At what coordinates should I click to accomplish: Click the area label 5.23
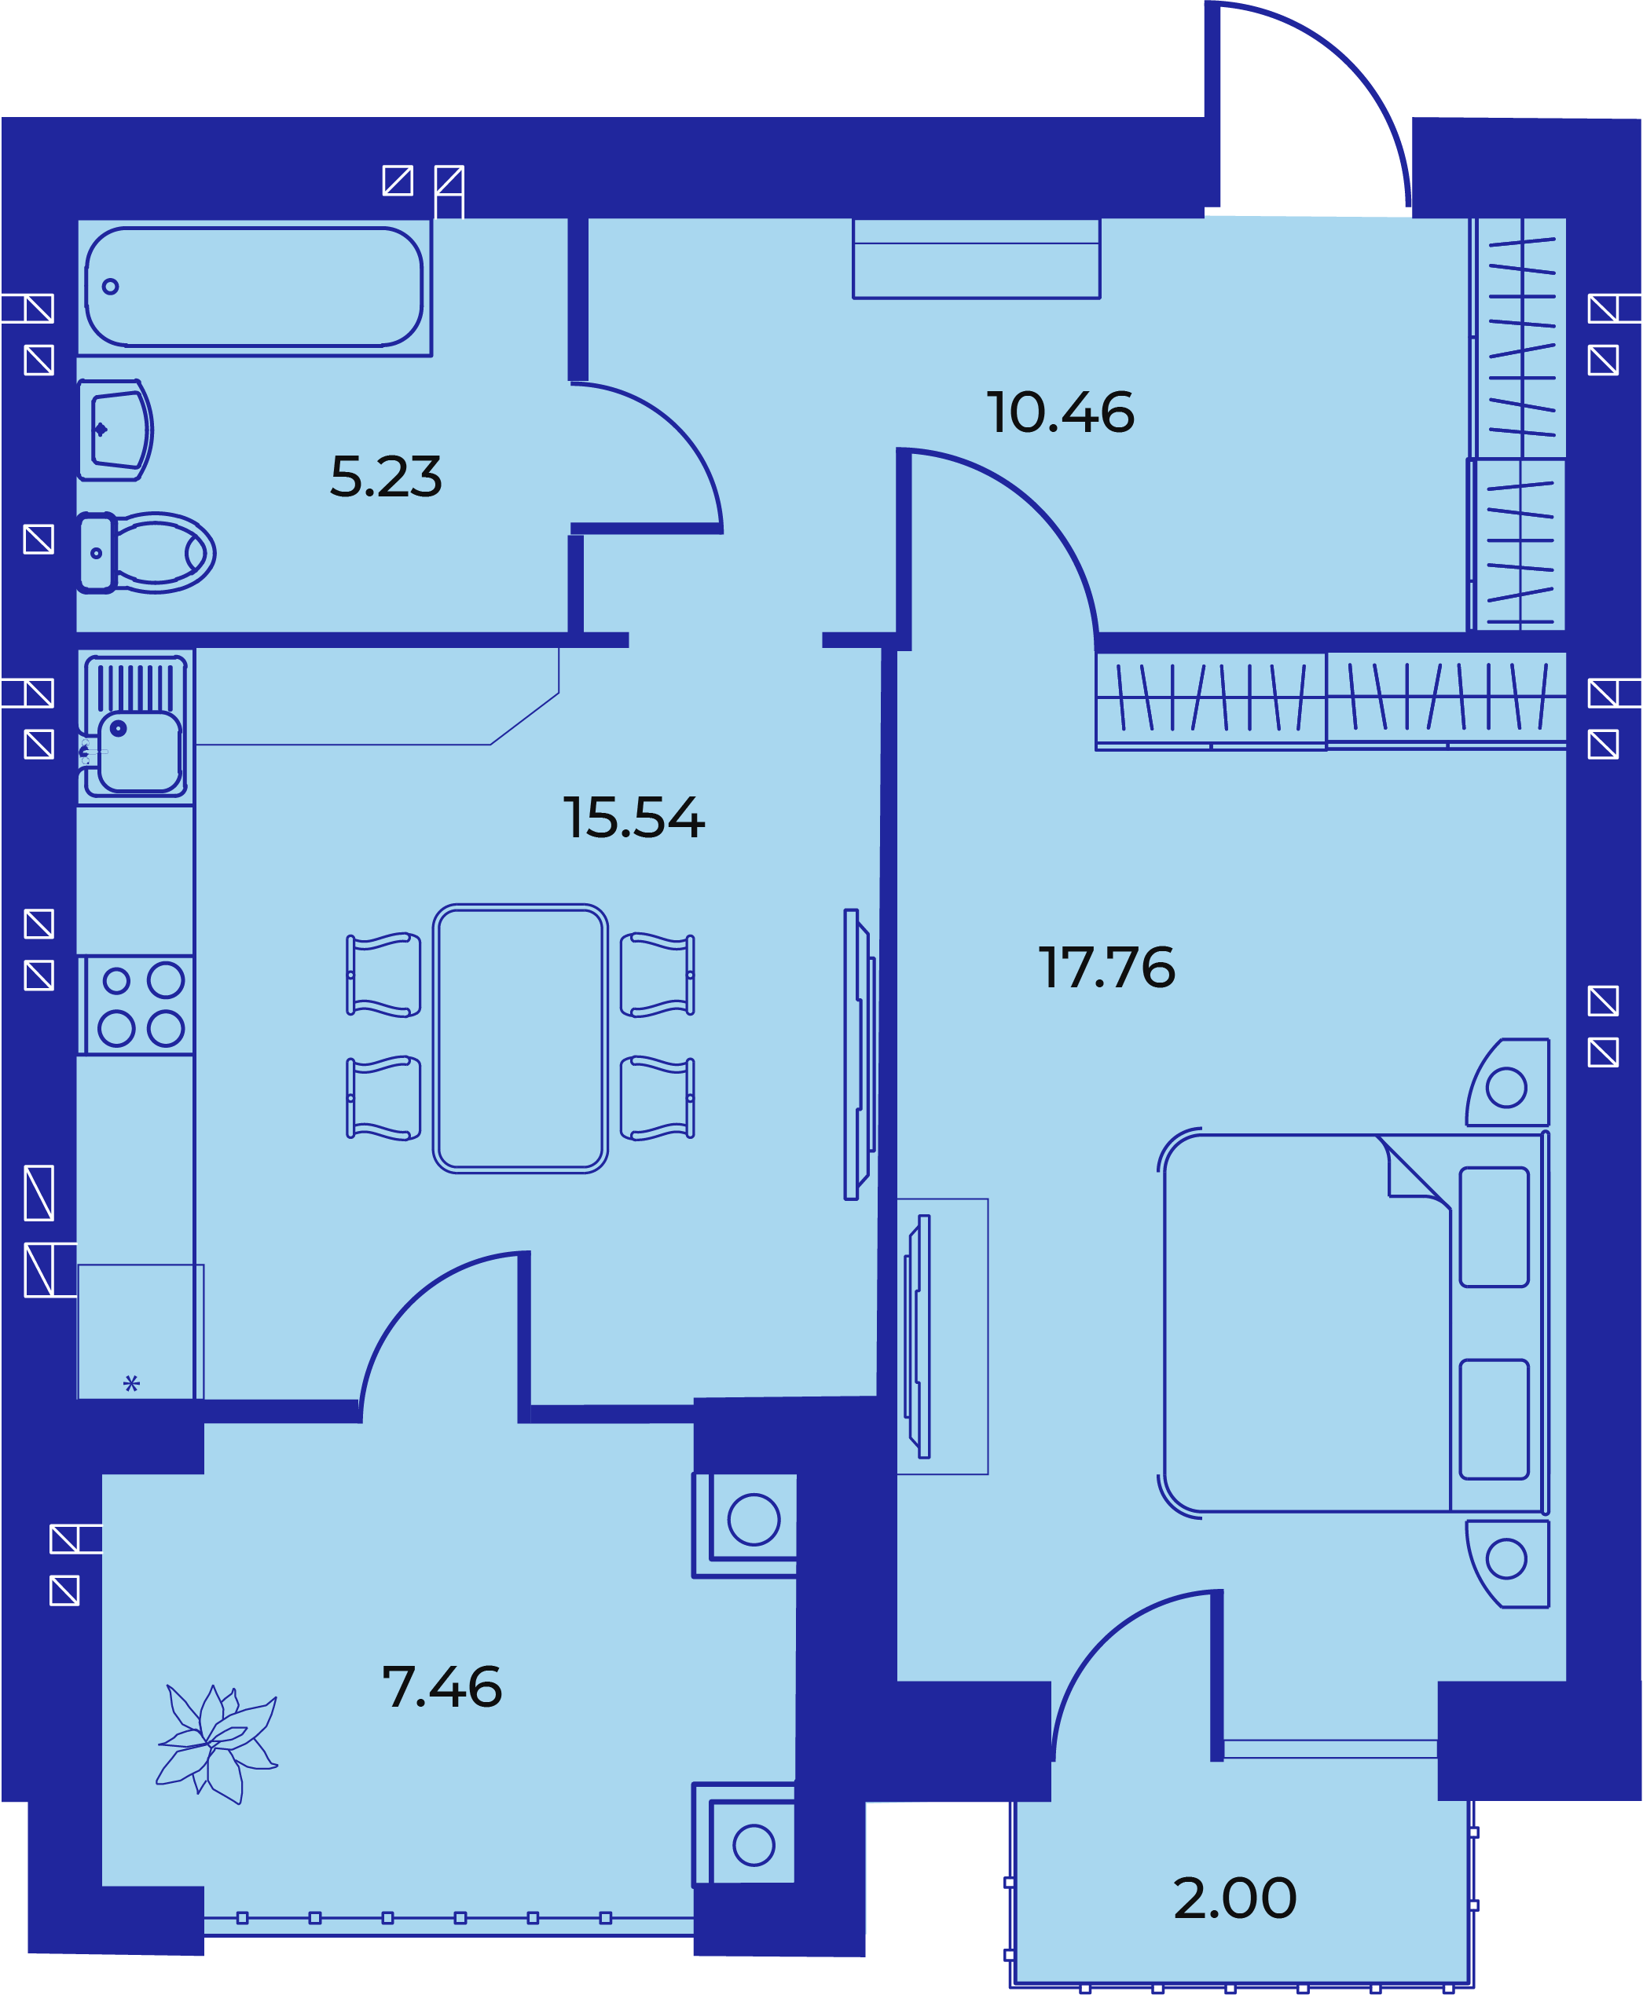tap(385, 477)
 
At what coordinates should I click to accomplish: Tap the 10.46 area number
tap(1060, 412)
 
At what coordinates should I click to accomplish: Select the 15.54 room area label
tap(634, 818)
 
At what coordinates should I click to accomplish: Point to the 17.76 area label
tap(1106, 967)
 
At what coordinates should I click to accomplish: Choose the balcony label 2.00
tap(1234, 1898)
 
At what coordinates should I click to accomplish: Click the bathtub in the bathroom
tap(254, 287)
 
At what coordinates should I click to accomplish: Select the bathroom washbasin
tap(116, 430)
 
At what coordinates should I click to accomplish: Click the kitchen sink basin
tap(140, 751)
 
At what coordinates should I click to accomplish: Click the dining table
tap(520, 1038)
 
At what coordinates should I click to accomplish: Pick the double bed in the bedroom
tap(1353, 1323)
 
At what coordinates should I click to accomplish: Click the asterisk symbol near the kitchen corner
tap(131, 1384)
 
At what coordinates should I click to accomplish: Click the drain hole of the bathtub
tap(111, 287)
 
